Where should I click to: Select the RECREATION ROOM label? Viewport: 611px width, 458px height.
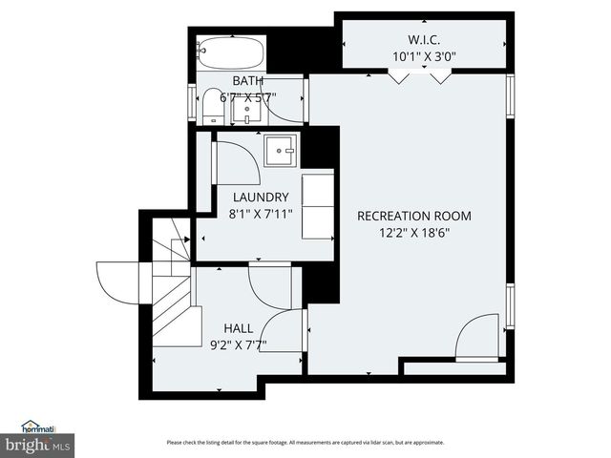coord(414,216)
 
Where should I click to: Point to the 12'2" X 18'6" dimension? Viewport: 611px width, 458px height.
coord(414,231)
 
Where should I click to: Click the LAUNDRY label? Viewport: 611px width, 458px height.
coord(261,198)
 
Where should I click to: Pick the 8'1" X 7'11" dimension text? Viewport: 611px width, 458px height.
coord(261,214)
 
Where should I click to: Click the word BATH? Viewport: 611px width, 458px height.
coord(248,81)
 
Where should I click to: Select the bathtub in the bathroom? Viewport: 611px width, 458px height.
coord(230,51)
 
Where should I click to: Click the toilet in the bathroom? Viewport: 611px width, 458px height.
coord(212,106)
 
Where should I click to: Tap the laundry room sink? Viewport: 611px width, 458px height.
coord(281,149)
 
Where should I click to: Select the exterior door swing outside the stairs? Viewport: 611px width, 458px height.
coord(116,280)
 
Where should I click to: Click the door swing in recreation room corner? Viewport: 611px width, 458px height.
coord(474,340)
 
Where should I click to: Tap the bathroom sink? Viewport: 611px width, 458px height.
coord(247,109)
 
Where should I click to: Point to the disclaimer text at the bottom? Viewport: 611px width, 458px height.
coord(305,443)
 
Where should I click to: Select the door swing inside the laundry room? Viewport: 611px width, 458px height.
coord(237,162)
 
